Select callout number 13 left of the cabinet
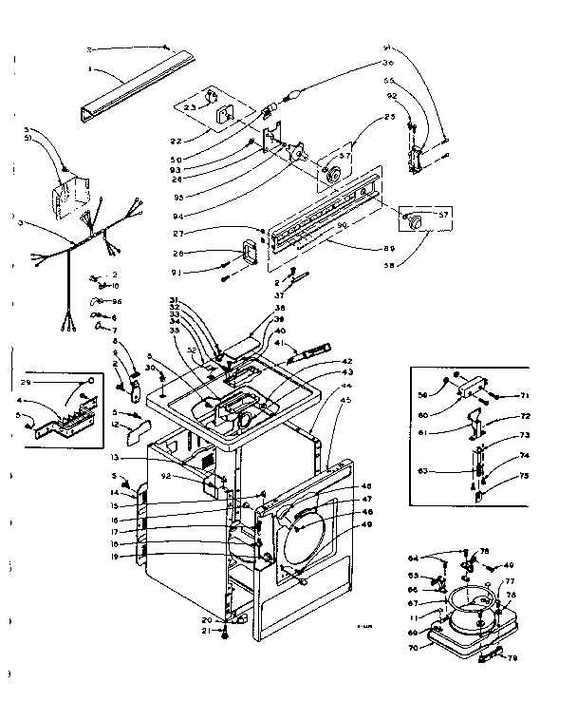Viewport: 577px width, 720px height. pyautogui.click(x=140, y=457)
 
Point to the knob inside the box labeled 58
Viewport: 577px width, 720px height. pyautogui.click(x=411, y=218)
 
